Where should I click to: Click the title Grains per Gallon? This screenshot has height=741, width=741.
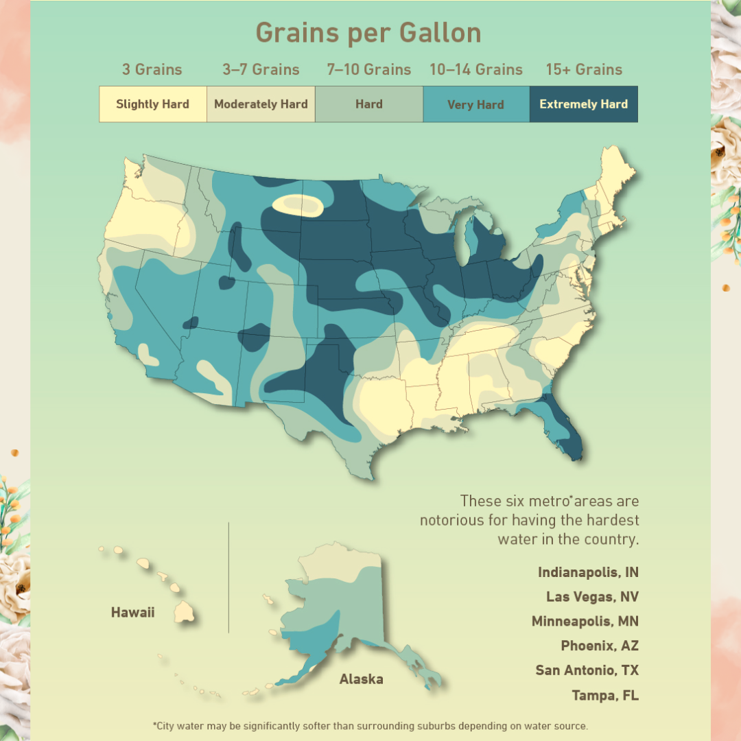pyautogui.click(x=368, y=33)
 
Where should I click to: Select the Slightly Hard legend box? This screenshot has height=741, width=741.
pyautogui.click(x=152, y=104)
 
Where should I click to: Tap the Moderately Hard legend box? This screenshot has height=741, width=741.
pyautogui.click(x=261, y=104)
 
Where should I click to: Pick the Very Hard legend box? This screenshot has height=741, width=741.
pyautogui.click(x=475, y=105)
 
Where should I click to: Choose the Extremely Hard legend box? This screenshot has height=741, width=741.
pyautogui.click(x=583, y=104)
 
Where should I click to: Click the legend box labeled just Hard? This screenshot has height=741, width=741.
pyautogui.click(x=368, y=104)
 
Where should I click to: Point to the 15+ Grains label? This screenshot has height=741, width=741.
pyautogui.click(x=584, y=69)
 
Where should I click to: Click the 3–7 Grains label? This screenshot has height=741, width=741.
pyautogui.click(x=261, y=69)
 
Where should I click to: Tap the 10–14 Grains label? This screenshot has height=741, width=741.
pyautogui.click(x=475, y=69)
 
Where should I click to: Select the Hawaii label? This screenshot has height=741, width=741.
pyautogui.click(x=132, y=612)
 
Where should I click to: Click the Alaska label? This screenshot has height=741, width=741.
pyautogui.click(x=361, y=679)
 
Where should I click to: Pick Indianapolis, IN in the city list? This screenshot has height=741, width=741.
pyautogui.click(x=587, y=572)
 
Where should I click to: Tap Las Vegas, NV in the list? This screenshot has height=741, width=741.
pyautogui.click(x=591, y=597)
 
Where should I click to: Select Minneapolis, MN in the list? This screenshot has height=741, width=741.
pyautogui.click(x=585, y=622)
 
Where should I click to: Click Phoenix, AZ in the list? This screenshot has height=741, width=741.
pyautogui.click(x=599, y=646)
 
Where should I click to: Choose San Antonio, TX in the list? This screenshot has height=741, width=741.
pyautogui.click(x=587, y=670)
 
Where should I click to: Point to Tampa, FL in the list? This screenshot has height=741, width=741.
pyautogui.click(x=604, y=695)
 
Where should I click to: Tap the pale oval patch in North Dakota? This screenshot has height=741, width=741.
pyautogui.click(x=298, y=204)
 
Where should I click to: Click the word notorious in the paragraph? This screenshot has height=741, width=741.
pyautogui.click(x=451, y=520)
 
